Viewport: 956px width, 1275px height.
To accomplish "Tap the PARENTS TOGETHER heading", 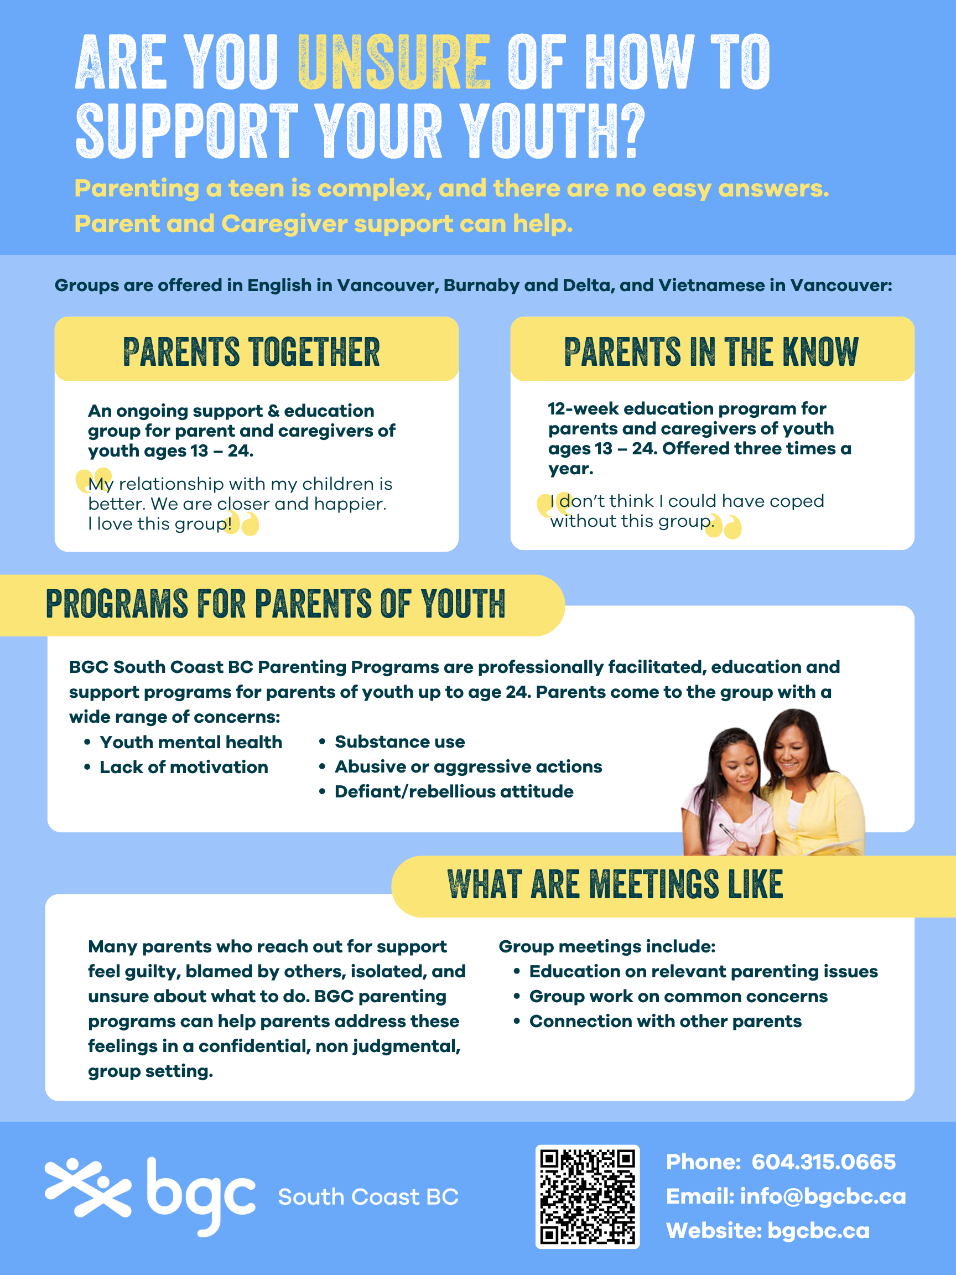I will pyautogui.click(x=251, y=351).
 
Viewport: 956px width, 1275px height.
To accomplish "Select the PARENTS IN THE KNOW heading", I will pyautogui.click(x=711, y=351).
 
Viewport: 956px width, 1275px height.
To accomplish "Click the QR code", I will pyautogui.click(x=587, y=1196).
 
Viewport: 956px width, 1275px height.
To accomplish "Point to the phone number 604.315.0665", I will pyautogui.click(x=823, y=1162).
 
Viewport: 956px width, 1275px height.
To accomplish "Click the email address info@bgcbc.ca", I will pyautogui.click(x=823, y=1196).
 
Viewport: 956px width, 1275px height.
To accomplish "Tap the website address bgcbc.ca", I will pyautogui.click(x=818, y=1231).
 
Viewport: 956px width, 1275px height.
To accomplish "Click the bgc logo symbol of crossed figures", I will pyautogui.click(x=87, y=1188).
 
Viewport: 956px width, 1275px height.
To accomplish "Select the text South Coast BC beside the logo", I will pyautogui.click(x=368, y=1197).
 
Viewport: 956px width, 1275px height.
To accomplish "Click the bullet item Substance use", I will pyautogui.click(x=399, y=742).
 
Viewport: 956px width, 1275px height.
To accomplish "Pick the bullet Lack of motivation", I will pyautogui.click(x=183, y=767).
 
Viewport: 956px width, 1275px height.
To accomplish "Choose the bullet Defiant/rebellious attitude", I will pyautogui.click(x=454, y=792).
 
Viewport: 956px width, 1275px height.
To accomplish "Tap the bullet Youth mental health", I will pyautogui.click(x=191, y=743).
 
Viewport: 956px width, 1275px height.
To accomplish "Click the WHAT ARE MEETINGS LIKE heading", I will pyautogui.click(x=615, y=884).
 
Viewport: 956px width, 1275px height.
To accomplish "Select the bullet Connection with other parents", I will pyautogui.click(x=665, y=1022).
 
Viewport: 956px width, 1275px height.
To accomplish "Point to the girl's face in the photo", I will pyautogui.click(x=739, y=770).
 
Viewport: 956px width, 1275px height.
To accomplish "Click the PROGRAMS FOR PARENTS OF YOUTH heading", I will pyautogui.click(x=276, y=604).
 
